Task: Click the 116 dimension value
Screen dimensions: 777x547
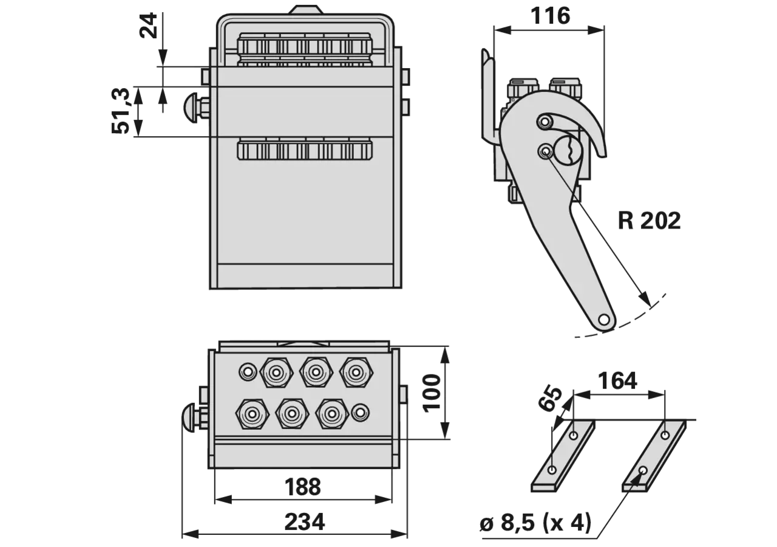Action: click(550, 16)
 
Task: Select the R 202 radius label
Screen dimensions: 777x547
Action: click(649, 220)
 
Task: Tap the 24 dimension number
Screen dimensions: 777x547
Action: click(148, 26)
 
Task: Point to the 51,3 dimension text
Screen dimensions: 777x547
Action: click(120, 111)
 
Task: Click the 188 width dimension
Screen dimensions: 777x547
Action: click(303, 487)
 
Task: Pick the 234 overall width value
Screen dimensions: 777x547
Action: click(305, 521)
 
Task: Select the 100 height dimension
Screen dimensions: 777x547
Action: click(432, 393)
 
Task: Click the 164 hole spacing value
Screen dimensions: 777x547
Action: click(618, 380)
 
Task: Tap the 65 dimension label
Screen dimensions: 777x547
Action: click(550, 398)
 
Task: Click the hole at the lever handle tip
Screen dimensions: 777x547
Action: click(604, 319)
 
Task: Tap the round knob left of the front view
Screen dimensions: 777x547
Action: click(191, 108)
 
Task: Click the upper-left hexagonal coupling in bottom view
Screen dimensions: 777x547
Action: click(276, 373)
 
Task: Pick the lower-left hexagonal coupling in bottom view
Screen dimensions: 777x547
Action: click(252, 414)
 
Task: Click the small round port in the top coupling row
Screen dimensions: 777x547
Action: click(248, 372)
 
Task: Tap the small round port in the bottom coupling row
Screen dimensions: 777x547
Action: click(361, 413)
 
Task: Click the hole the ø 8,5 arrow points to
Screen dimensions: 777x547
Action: click(643, 471)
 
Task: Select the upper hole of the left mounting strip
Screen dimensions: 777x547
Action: click(574, 435)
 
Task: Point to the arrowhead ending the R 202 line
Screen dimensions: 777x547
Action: click(645, 300)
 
